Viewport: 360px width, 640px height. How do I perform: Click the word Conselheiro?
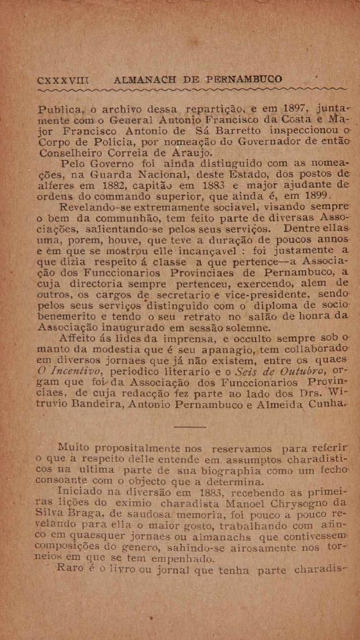(70, 152)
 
